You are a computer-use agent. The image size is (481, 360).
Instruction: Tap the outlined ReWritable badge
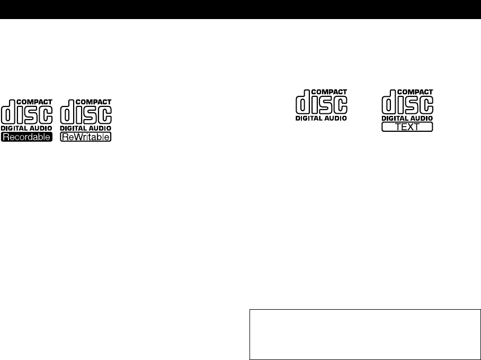[86, 137]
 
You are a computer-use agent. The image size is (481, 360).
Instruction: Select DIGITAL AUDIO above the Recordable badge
[27, 129]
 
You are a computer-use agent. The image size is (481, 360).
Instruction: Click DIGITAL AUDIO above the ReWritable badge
[86, 129]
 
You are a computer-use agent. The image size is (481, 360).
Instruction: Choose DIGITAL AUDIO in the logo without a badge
[321, 119]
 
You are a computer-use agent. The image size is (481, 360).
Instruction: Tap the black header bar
[240, 10]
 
